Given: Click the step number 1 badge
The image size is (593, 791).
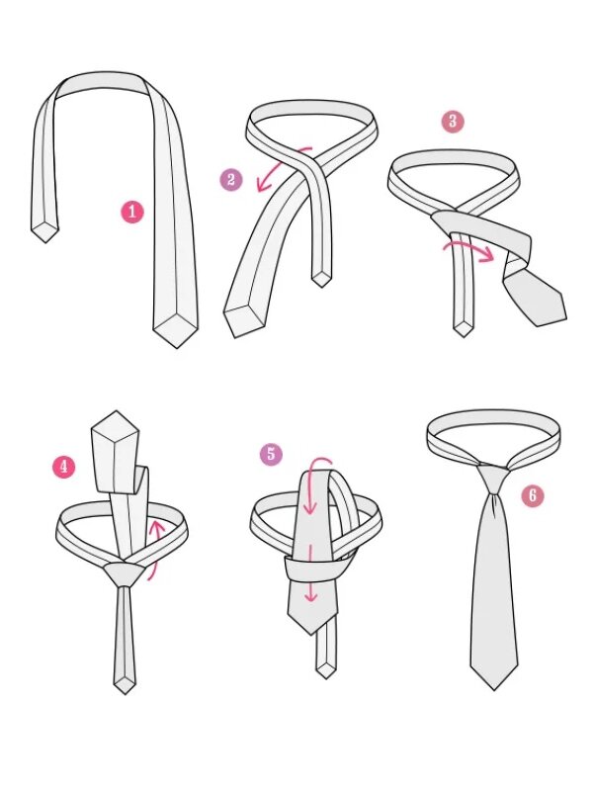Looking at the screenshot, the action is coord(132,212).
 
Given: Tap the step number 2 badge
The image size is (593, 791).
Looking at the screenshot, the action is coord(231,180).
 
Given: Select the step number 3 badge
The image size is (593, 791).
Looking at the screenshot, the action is coord(453,122).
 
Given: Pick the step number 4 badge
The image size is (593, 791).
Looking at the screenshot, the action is coord(64,467).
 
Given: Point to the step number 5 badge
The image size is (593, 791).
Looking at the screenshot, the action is coord(271,454).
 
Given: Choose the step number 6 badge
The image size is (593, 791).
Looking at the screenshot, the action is coord(533,496).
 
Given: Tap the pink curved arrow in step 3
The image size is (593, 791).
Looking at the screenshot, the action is coord(467,249).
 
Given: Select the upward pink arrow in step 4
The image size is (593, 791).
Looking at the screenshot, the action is coord(157,550).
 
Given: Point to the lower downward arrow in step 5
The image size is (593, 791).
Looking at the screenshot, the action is coord(311,574).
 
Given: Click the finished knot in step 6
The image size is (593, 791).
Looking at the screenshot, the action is coord(492,477).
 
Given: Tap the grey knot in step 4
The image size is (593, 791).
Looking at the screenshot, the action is coord(123,574).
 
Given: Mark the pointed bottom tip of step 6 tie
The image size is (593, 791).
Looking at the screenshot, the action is coord(494,689).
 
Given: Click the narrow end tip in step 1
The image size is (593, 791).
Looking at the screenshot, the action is coord(45,242).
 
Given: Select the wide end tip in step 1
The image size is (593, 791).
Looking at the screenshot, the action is coord(176,347).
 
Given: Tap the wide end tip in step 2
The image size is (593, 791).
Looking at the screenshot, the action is coord(235,336).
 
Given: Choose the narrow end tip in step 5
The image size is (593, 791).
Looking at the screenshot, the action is coord(326,677).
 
